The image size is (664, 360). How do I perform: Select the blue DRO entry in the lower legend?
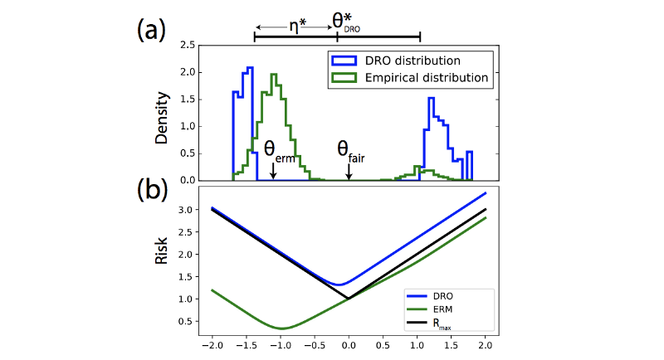pos(439,295)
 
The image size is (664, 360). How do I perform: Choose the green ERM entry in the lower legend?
pos(439,308)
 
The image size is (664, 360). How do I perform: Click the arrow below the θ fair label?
pos(349,172)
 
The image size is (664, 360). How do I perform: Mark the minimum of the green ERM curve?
pos(281,328)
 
